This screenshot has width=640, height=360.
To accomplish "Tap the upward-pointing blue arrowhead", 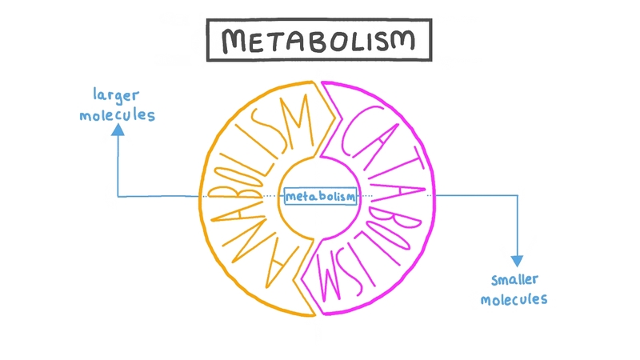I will (x=118, y=134).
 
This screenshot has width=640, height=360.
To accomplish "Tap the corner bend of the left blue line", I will (x=118, y=195).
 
